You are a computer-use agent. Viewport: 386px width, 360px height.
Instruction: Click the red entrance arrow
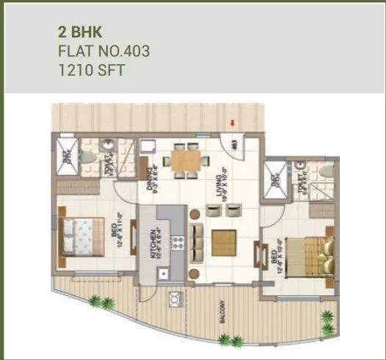coord(233,123)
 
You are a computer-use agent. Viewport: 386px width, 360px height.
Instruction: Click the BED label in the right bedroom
coord(274,259)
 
